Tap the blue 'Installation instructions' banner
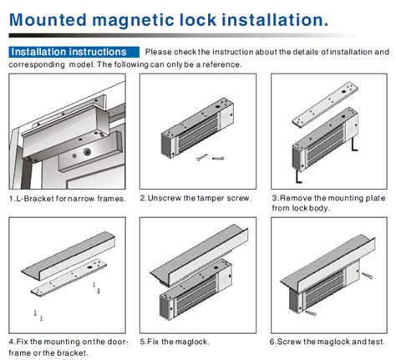74,52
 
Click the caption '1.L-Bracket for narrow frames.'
68,199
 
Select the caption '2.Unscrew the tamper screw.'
195,198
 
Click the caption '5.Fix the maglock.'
175,342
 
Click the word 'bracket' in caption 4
73,352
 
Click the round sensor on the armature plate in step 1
87,152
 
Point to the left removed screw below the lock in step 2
202,157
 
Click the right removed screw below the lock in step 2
218,159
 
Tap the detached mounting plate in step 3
325,104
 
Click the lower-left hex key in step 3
297,177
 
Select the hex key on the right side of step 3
353,145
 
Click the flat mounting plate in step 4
69,277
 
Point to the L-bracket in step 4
69,256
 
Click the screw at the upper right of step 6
368,276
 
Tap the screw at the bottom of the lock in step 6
311,313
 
